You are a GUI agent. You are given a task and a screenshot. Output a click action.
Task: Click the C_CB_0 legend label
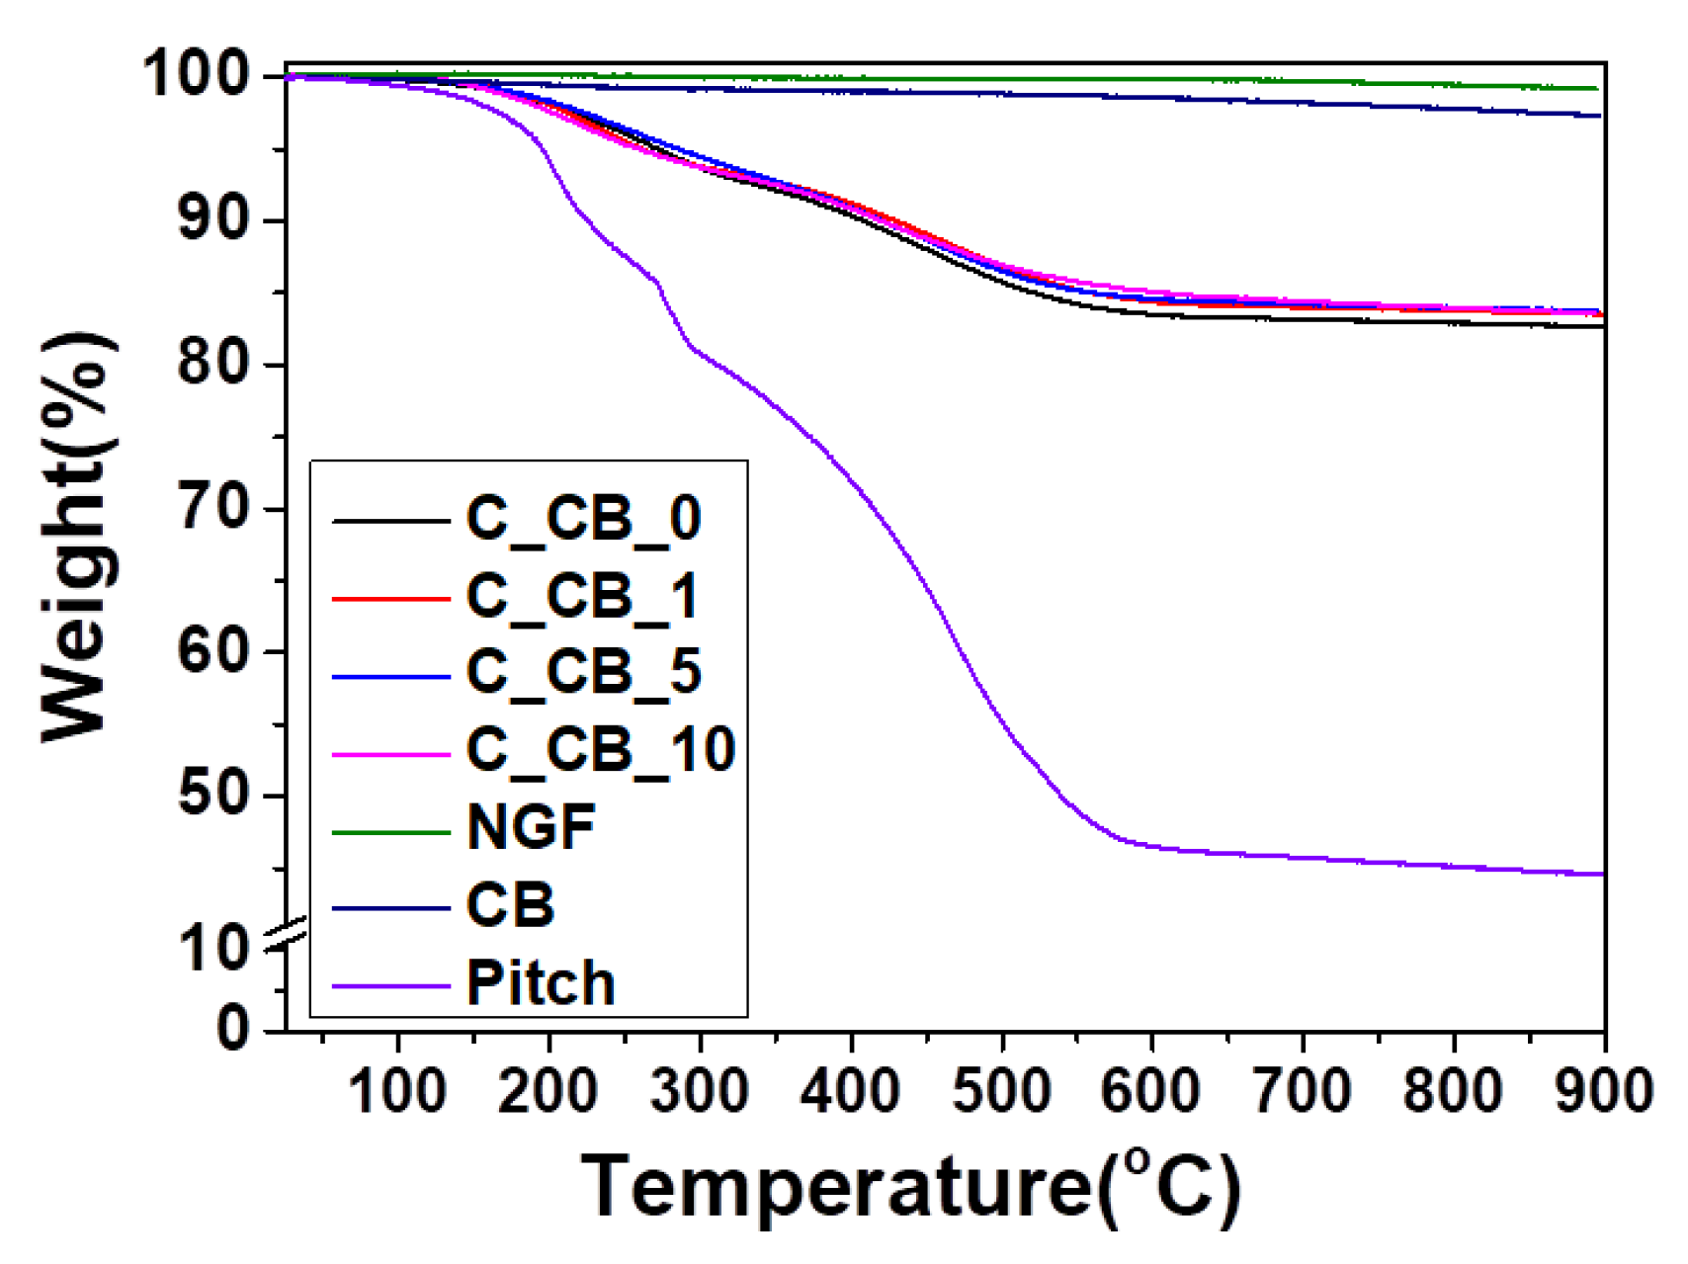coord(583,519)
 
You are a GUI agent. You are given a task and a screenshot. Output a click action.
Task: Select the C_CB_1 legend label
coord(582,596)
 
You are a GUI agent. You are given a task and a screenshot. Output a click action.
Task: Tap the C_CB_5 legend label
coord(583,672)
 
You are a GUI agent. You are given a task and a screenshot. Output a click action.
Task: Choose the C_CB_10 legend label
coord(601,749)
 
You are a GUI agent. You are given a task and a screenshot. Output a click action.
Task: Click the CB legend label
coord(510,904)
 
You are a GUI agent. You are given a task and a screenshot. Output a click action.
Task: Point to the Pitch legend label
coord(541,983)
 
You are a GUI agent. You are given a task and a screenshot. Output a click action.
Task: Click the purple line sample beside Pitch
coord(391,985)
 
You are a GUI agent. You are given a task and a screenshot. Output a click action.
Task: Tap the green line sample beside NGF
coord(391,832)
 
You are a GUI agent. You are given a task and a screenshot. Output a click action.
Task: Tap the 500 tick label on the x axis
coord(1001,1092)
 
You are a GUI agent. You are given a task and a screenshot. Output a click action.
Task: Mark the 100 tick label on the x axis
coord(397,1092)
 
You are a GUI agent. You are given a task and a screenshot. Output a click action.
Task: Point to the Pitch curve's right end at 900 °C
coord(1601,874)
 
